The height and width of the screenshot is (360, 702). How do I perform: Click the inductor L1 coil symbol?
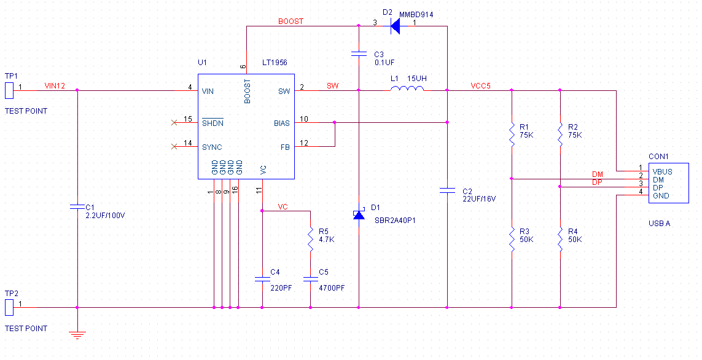(x=407, y=90)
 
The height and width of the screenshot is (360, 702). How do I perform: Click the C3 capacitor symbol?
(x=359, y=54)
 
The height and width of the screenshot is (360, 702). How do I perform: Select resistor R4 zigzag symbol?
(x=560, y=238)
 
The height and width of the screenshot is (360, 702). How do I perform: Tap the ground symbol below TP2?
(x=77, y=334)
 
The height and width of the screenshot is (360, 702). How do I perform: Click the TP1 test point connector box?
(x=9, y=90)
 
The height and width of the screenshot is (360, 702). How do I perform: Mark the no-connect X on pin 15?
(x=174, y=122)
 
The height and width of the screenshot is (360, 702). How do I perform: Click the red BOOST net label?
(x=291, y=22)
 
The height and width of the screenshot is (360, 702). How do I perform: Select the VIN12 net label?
(x=55, y=86)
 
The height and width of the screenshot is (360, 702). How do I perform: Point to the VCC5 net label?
(x=480, y=86)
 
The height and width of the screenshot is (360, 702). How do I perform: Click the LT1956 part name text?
(x=275, y=63)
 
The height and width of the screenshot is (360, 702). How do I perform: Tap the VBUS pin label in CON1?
(x=662, y=171)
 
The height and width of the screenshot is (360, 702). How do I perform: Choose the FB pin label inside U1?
(x=285, y=147)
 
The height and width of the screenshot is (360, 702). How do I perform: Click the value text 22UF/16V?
(x=478, y=199)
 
